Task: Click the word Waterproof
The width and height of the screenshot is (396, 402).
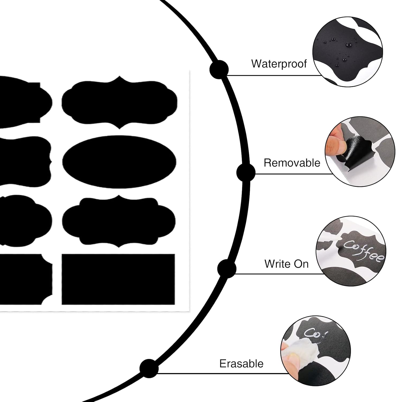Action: pyautogui.click(x=279, y=64)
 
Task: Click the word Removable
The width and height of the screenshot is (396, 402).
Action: pyautogui.click(x=292, y=163)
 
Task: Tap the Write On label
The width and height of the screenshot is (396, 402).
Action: pyautogui.click(x=286, y=264)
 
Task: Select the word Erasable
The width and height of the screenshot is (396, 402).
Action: pyautogui.click(x=241, y=364)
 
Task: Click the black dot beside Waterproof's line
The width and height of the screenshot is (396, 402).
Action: pyautogui.click(x=219, y=70)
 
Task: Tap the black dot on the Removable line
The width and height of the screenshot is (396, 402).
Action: pyautogui.click(x=246, y=172)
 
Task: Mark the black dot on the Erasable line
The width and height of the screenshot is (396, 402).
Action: pyautogui.click(x=149, y=368)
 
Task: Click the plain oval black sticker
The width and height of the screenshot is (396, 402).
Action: pyautogui.click(x=119, y=162)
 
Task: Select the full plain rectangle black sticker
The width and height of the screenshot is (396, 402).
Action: pyautogui.click(x=118, y=279)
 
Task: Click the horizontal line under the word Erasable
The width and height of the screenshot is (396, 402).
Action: pyautogui.click(x=222, y=373)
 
